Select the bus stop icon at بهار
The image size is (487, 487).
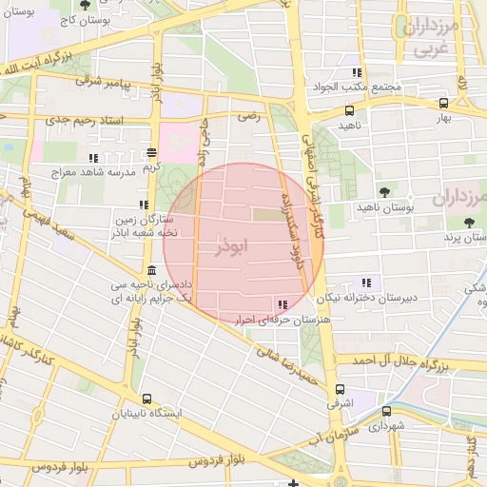pyautogui.click(x=444, y=104)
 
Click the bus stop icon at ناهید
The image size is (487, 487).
pyautogui.click(x=349, y=110)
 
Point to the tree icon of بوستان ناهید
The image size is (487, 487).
pyautogui.click(x=384, y=193)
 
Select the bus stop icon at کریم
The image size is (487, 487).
pyautogui.click(x=152, y=152)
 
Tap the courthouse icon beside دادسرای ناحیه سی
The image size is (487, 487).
pyautogui.click(x=152, y=271)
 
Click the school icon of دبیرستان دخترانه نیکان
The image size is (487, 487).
pyautogui.click(x=366, y=282)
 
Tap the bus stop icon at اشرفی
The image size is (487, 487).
pyautogui.click(x=341, y=389)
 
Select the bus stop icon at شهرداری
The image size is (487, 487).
pyautogui.click(x=386, y=412)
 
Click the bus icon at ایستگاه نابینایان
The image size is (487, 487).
pyautogui.click(x=146, y=399)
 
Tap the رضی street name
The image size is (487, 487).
pyautogui.click(x=248, y=115)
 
